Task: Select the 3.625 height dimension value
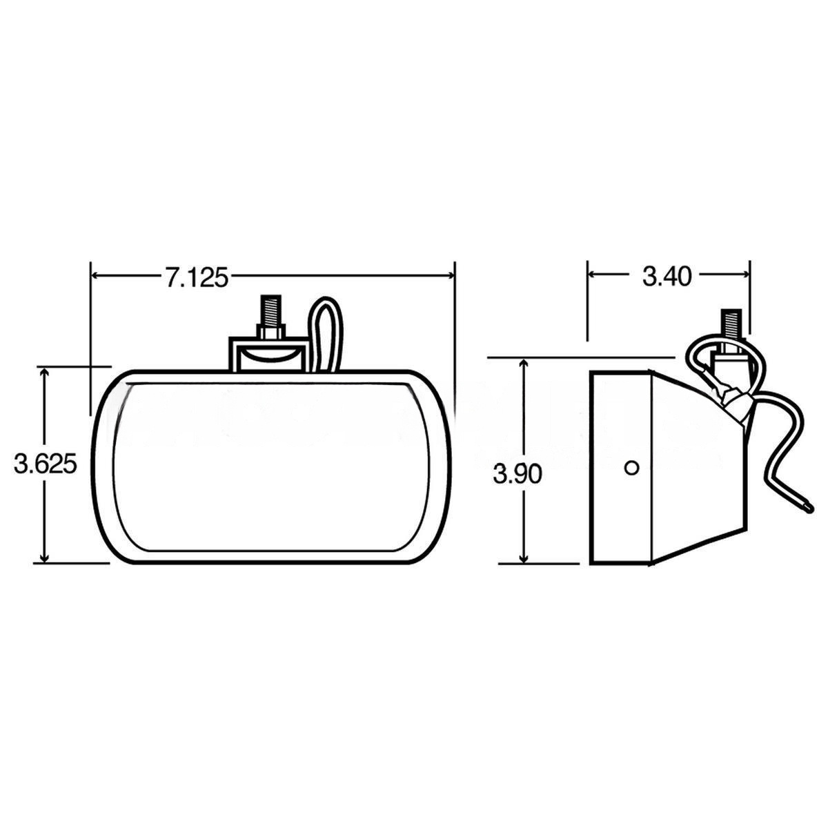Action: (46, 463)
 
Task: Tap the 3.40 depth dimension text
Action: (667, 277)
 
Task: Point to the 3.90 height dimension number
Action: (517, 474)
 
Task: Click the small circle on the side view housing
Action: (631, 468)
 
